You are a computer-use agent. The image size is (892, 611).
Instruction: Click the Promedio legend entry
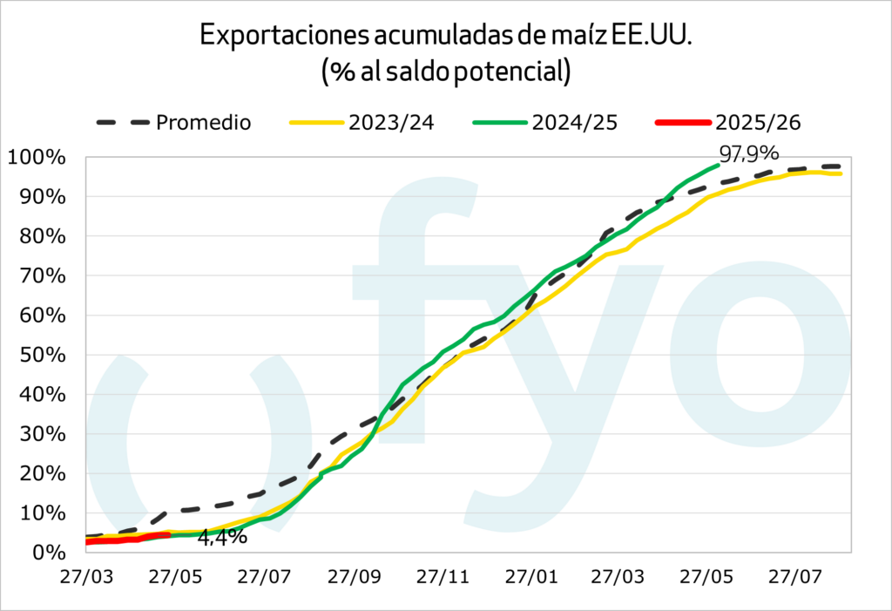click(203, 122)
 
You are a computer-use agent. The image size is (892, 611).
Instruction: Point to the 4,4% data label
click(222, 537)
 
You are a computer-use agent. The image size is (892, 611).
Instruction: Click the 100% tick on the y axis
click(37, 158)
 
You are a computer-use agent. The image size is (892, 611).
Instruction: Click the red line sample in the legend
click(679, 122)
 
